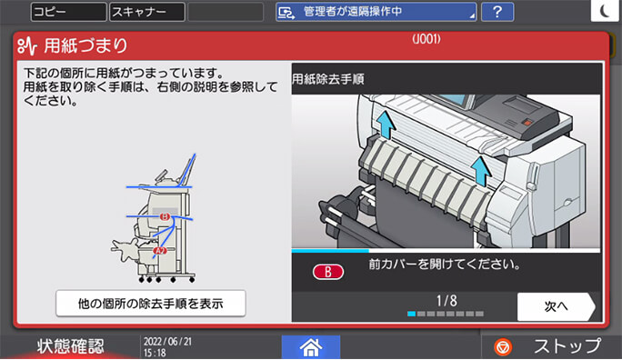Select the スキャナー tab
146,12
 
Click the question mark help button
497,12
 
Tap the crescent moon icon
607,11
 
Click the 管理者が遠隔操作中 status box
376,12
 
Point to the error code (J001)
426,39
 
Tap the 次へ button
556,306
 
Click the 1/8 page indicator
446,299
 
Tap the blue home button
310,346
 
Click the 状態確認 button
70,346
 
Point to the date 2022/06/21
167,341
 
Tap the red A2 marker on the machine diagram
160,250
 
